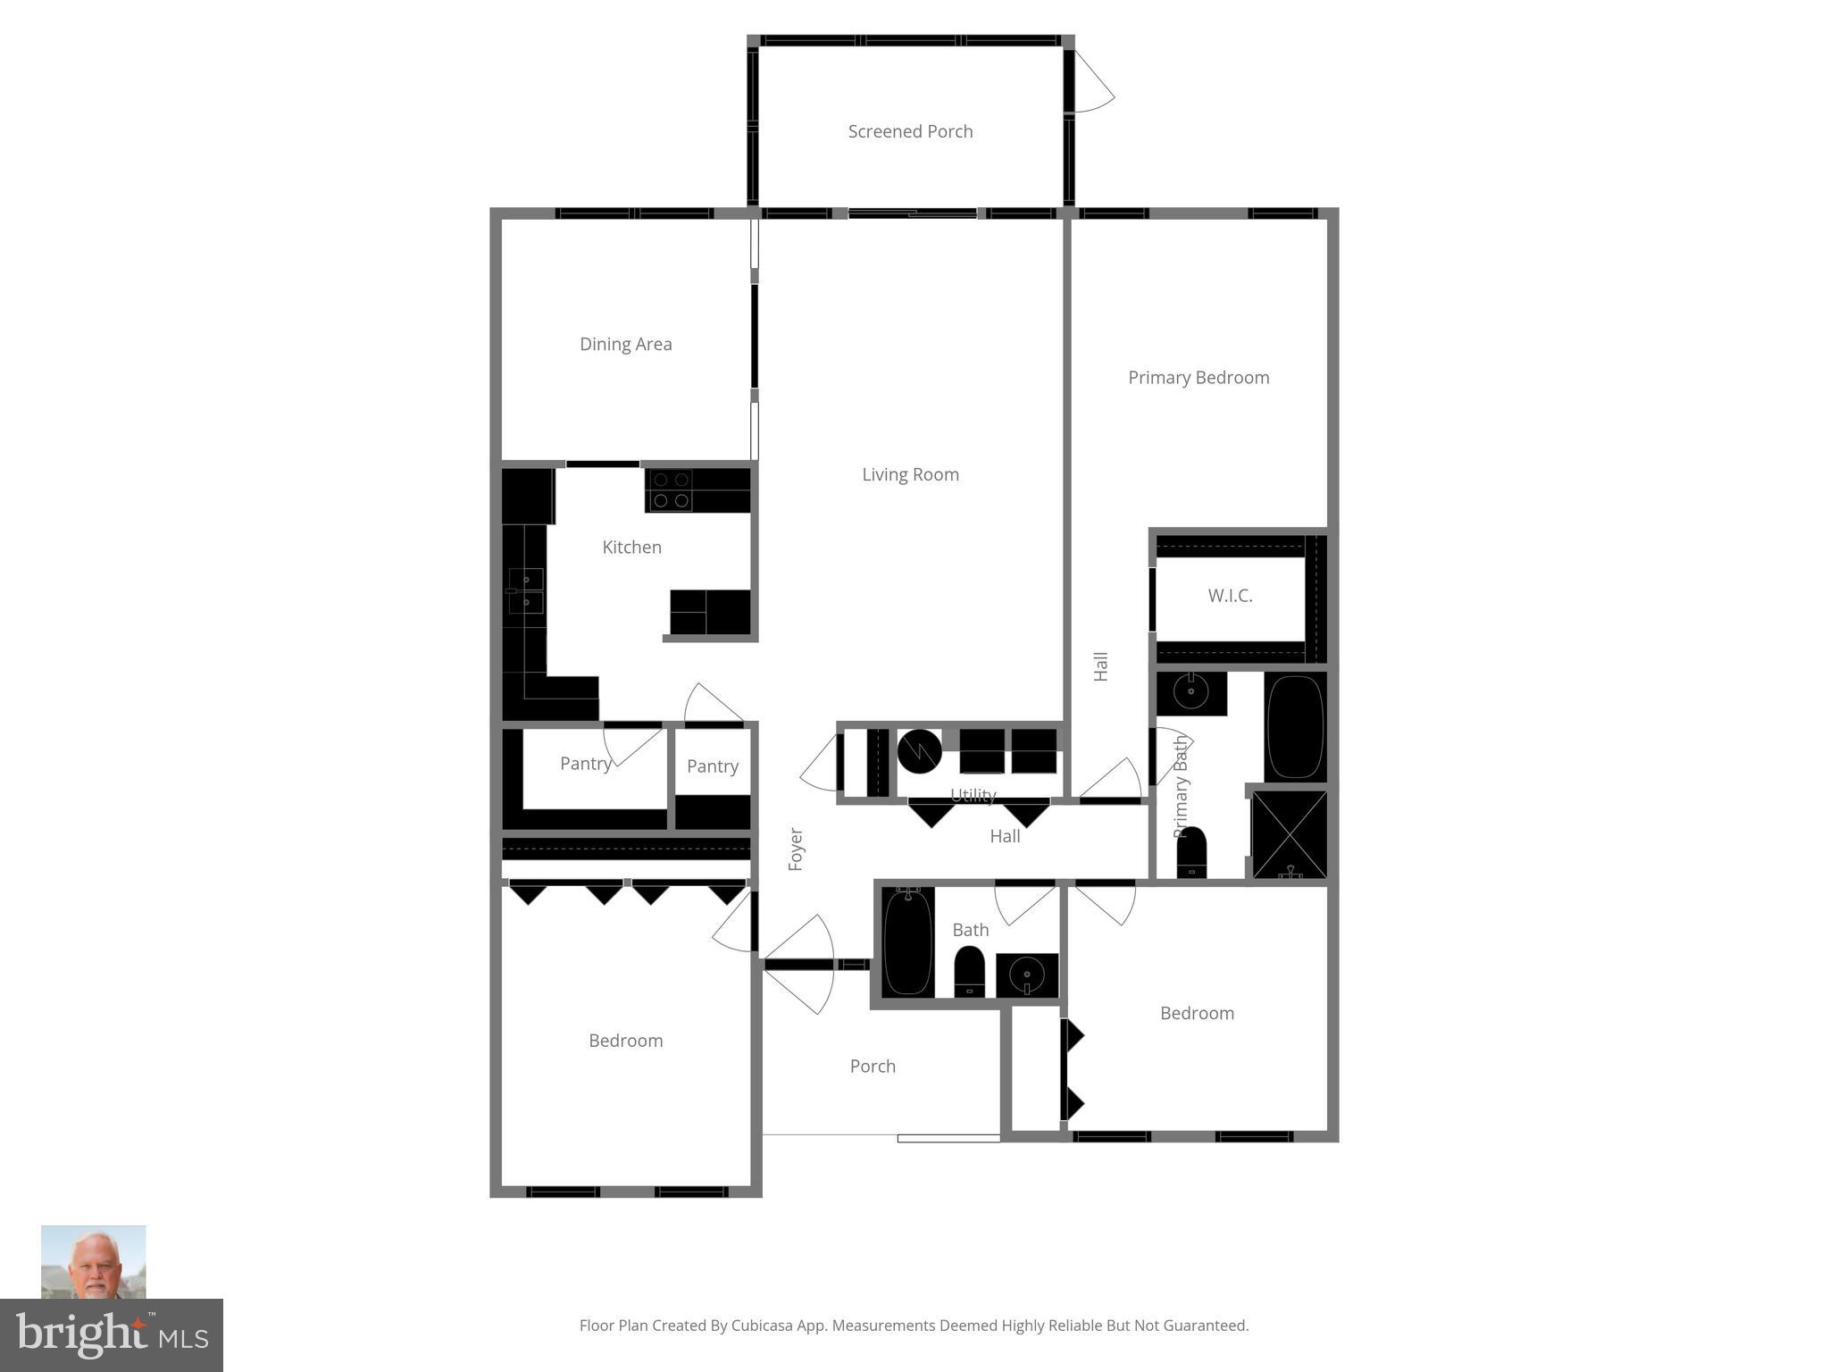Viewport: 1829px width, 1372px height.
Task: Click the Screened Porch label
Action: (910, 131)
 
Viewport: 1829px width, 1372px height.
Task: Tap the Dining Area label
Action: (625, 344)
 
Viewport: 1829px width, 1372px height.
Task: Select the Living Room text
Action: (910, 474)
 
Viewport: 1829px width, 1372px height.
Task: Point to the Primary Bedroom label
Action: (1198, 378)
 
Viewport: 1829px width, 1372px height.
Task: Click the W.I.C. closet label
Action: (1230, 596)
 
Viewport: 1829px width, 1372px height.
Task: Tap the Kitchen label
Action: (631, 548)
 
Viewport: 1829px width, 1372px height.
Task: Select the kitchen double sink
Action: (526, 590)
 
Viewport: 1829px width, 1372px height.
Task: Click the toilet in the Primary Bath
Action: (1191, 853)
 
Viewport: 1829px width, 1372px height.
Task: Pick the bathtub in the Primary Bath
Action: (1295, 726)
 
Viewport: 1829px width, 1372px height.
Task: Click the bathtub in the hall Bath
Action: (907, 941)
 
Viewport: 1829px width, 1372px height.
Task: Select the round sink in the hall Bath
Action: (1027, 975)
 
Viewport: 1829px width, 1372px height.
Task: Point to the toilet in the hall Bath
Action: (969, 972)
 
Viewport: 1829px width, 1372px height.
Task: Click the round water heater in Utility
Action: (919, 751)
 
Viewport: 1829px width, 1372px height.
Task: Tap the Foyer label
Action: (796, 849)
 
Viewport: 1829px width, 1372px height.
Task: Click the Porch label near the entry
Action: (873, 1067)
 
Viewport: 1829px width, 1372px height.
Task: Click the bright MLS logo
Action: (112, 1334)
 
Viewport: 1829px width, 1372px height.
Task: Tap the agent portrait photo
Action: (94, 1261)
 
